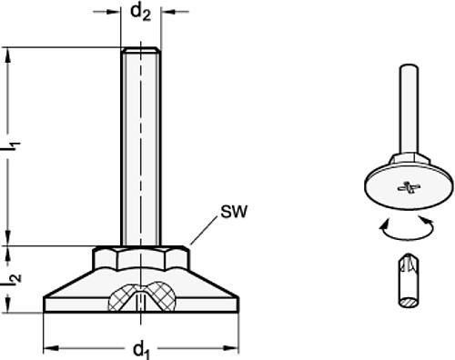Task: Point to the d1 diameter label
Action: click(x=141, y=348)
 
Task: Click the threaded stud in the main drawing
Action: click(x=141, y=145)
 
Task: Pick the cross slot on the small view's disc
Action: click(x=401, y=189)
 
